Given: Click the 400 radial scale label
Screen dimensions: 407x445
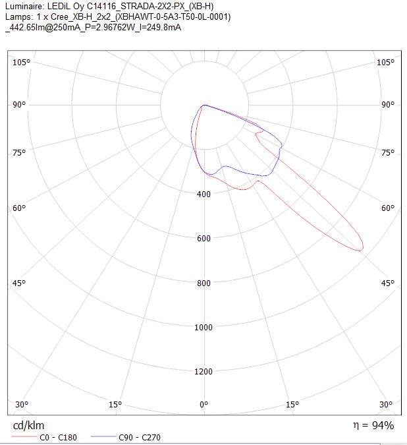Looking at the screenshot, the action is [203, 194].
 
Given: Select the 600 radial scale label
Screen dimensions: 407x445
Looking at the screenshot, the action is [203, 239].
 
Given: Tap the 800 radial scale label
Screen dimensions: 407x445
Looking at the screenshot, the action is [203, 283].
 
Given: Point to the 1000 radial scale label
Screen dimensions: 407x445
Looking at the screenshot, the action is [203, 327].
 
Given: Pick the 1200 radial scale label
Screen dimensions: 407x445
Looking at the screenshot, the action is [203, 371].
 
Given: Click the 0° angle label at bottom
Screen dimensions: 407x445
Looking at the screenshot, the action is [204, 404].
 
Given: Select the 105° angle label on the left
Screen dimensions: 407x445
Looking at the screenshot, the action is [21, 62].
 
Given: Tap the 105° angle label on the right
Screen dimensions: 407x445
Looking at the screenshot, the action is [385, 62].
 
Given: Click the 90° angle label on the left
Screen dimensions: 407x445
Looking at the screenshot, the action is [19, 105].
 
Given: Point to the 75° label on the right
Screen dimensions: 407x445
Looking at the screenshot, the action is [388, 153].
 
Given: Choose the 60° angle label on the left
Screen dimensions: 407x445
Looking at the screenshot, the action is [19, 208].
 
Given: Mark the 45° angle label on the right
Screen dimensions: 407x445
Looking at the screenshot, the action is [388, 283].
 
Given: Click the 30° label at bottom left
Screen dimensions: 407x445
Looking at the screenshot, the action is [22, 404].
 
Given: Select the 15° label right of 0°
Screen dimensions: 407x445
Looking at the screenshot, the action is [292, 404].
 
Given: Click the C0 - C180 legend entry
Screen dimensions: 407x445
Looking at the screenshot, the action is [44, 437].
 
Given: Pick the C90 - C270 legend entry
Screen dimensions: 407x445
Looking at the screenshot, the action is [126, 437].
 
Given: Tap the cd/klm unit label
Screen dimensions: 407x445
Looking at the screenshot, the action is [28, 425].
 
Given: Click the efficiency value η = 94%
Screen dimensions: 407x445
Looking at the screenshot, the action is [373, 425].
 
